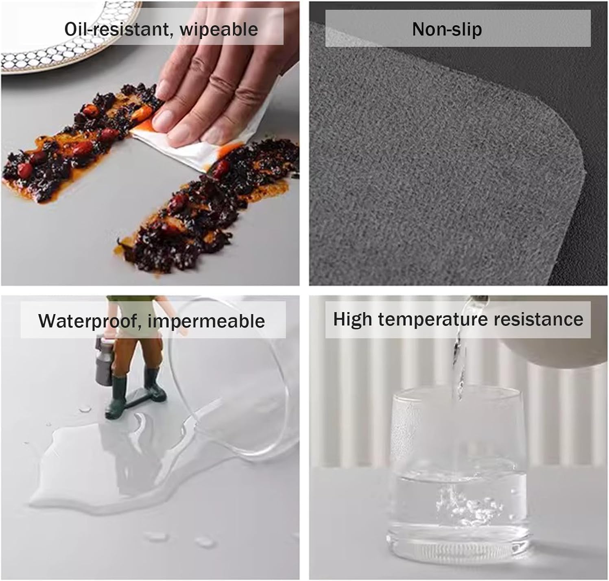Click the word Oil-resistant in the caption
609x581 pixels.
click(x=117, y=29)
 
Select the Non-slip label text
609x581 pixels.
click(x=447, y=29)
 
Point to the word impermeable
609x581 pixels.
click(x=206, y=321)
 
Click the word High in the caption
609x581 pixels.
click(x=353, y=319)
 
